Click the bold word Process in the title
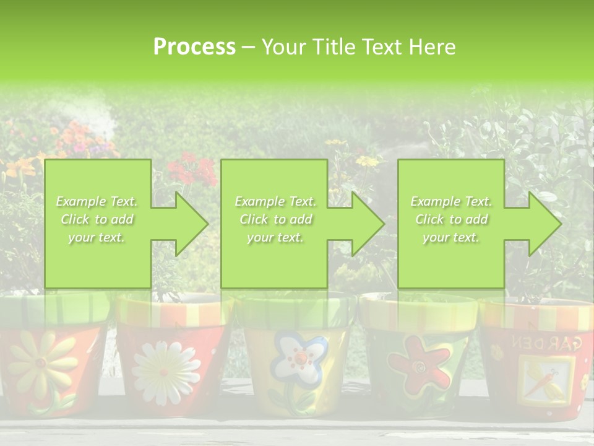pyautogui.click(x=194, y=46)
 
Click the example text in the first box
pyautogui.click(x=97, y=219)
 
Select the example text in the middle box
pyautogui.click(x=275, y=219)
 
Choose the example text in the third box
pyautogui.click(x=451, y=219)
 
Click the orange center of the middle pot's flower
pyautogui.click(x=300, y=357)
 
